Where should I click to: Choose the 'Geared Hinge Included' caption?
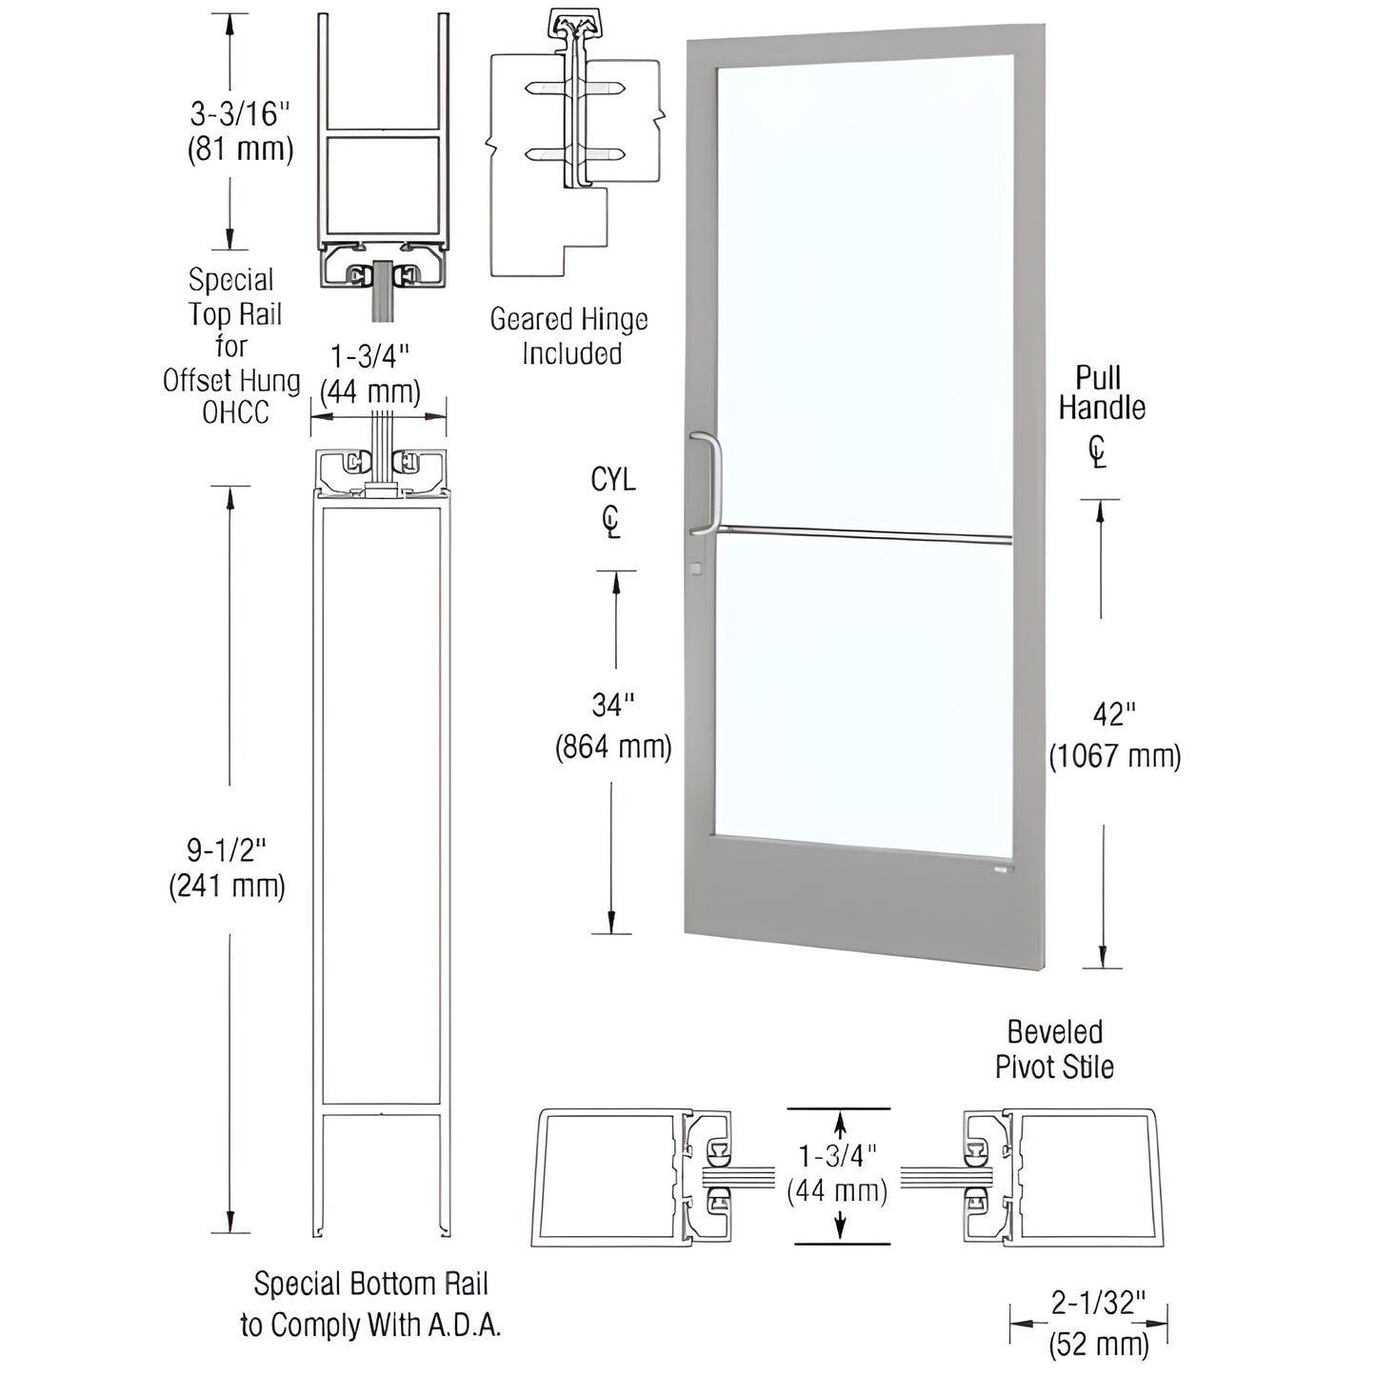(x=568, y=336)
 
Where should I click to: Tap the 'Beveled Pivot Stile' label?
(x=1054, y=1049)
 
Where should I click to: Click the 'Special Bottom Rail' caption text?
(x=370, y=1285)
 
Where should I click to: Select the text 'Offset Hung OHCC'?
(x=231, y=396)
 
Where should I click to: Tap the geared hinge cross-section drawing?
(x=573, y=143)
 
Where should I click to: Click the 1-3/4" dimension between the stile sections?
(x=838, y=1174)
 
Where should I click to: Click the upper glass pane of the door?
(x=865, y=286)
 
